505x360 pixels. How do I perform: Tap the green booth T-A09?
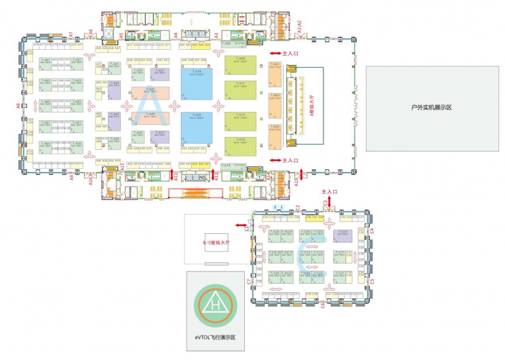[x=240, y=65]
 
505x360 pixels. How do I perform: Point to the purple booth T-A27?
[x=160, y=135]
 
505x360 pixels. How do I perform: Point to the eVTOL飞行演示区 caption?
[x=216, y=338]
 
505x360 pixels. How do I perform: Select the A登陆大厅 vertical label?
[x=312, y=104]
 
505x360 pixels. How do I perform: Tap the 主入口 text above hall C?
[x=329, y=192]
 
